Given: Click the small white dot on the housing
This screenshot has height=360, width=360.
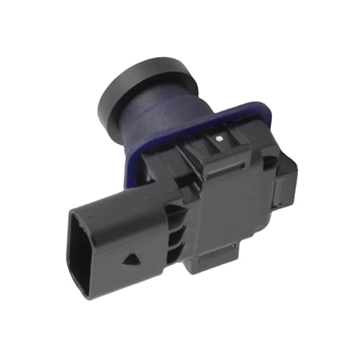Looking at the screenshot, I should click(216, 135).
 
